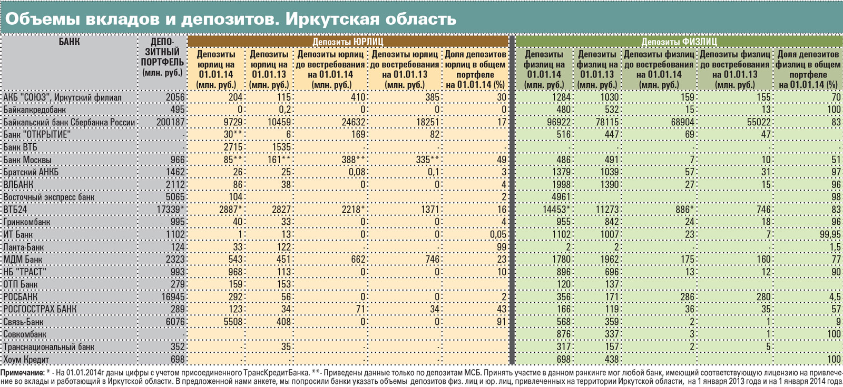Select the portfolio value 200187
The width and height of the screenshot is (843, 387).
click(x=170, y=122)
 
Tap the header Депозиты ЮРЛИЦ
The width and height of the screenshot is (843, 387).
click(x=348, y=42)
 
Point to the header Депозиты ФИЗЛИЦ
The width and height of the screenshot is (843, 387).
click(x=679, y=42)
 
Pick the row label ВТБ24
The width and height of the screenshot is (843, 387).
click(x=15, y=210)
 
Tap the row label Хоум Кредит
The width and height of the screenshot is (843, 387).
click(x=26, y=360)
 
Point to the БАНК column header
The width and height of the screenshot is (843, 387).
click(x=69, y=42)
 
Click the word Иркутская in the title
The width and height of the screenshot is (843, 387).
click(x=332, y=19)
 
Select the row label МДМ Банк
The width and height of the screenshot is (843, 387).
click(x=23, y=260)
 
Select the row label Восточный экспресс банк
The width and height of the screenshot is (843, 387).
click(x=49, y=197)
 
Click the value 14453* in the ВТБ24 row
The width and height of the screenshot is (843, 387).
click(x=553, y=210)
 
